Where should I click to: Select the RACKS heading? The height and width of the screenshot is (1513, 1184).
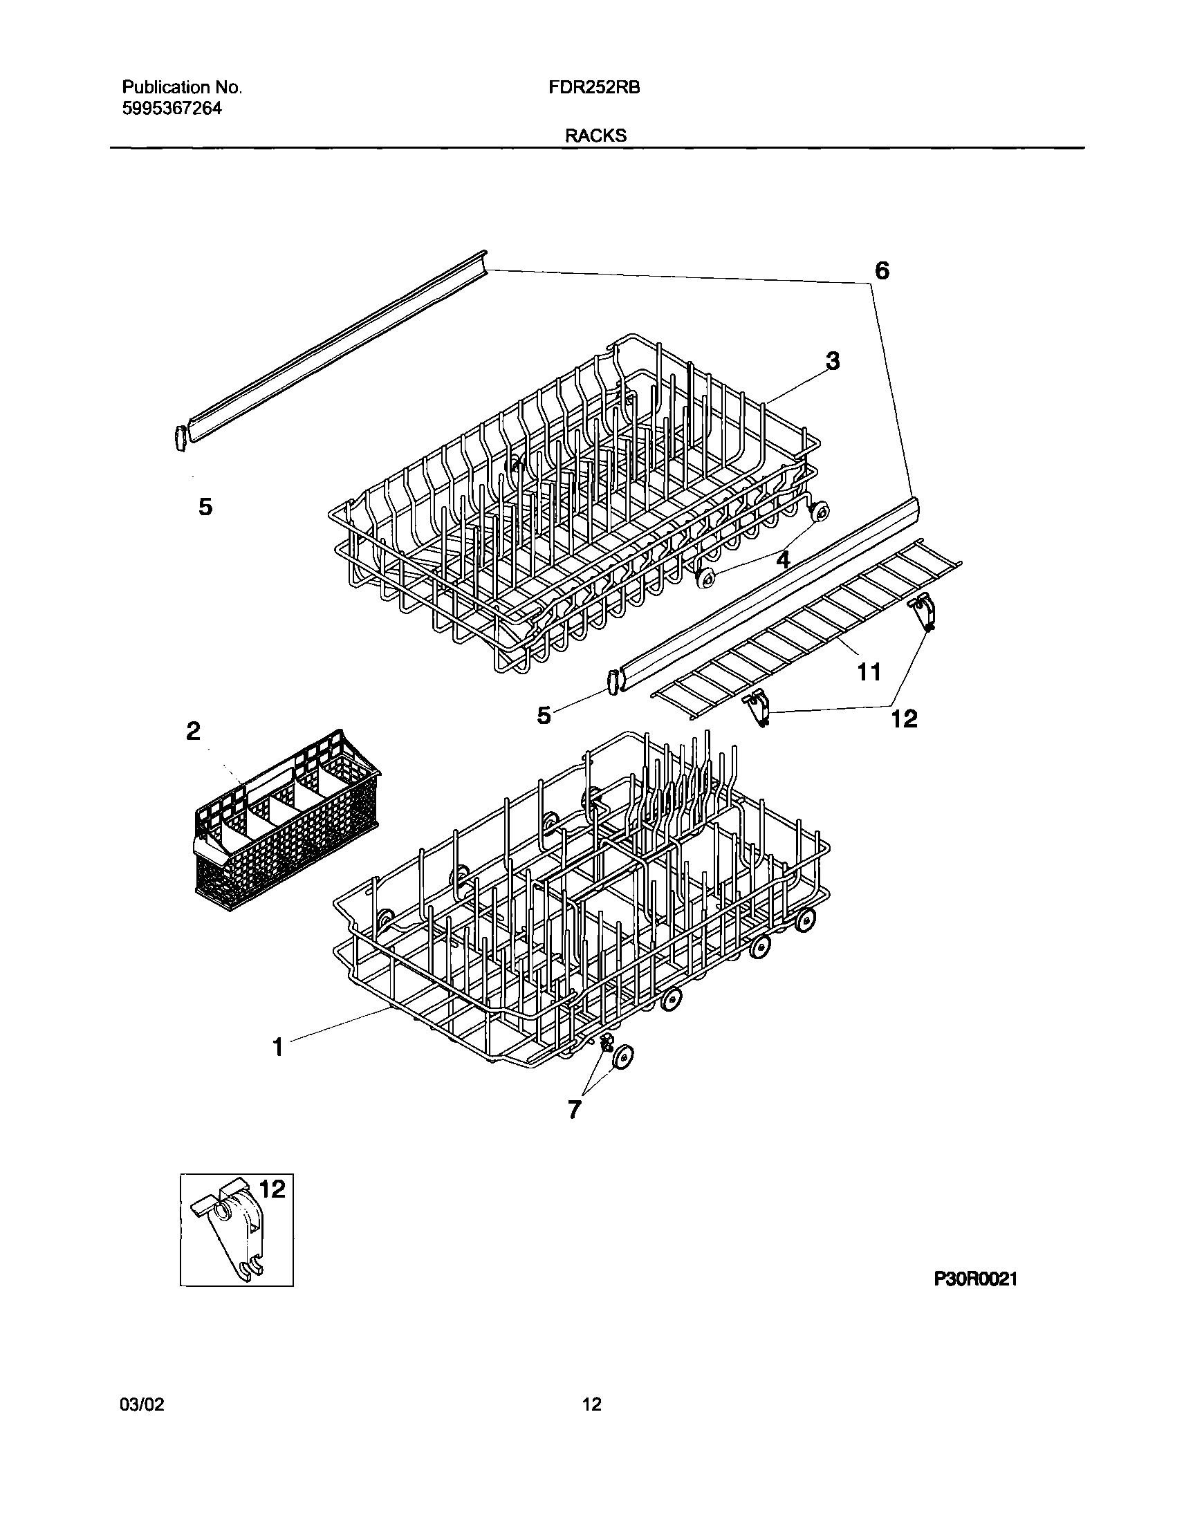[x=595, y=136]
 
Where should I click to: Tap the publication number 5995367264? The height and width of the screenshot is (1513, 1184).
[x=172, y=108]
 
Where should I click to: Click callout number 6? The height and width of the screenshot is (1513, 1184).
[x=881, y=271]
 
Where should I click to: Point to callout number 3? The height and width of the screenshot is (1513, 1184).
[x=833, y=361]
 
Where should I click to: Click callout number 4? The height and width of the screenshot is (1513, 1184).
[x=783, y=559]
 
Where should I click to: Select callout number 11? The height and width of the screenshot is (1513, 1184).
[x=869, y=671]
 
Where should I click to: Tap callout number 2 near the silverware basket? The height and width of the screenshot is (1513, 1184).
[x=193, y=730]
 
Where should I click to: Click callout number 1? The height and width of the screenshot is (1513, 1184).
[x=278, y=1047]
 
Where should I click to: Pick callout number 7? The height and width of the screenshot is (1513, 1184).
[x=574, y=1110]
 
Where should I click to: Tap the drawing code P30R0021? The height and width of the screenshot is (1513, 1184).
[x=975, y=1279]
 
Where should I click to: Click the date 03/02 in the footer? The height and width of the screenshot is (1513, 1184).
[x=142, y=1404]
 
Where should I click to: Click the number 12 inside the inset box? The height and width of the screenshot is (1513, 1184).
[x=272, y=1189]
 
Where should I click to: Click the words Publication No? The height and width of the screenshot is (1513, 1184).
[x=182, y=87]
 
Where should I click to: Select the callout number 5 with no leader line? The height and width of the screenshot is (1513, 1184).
[x=205, y=508]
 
